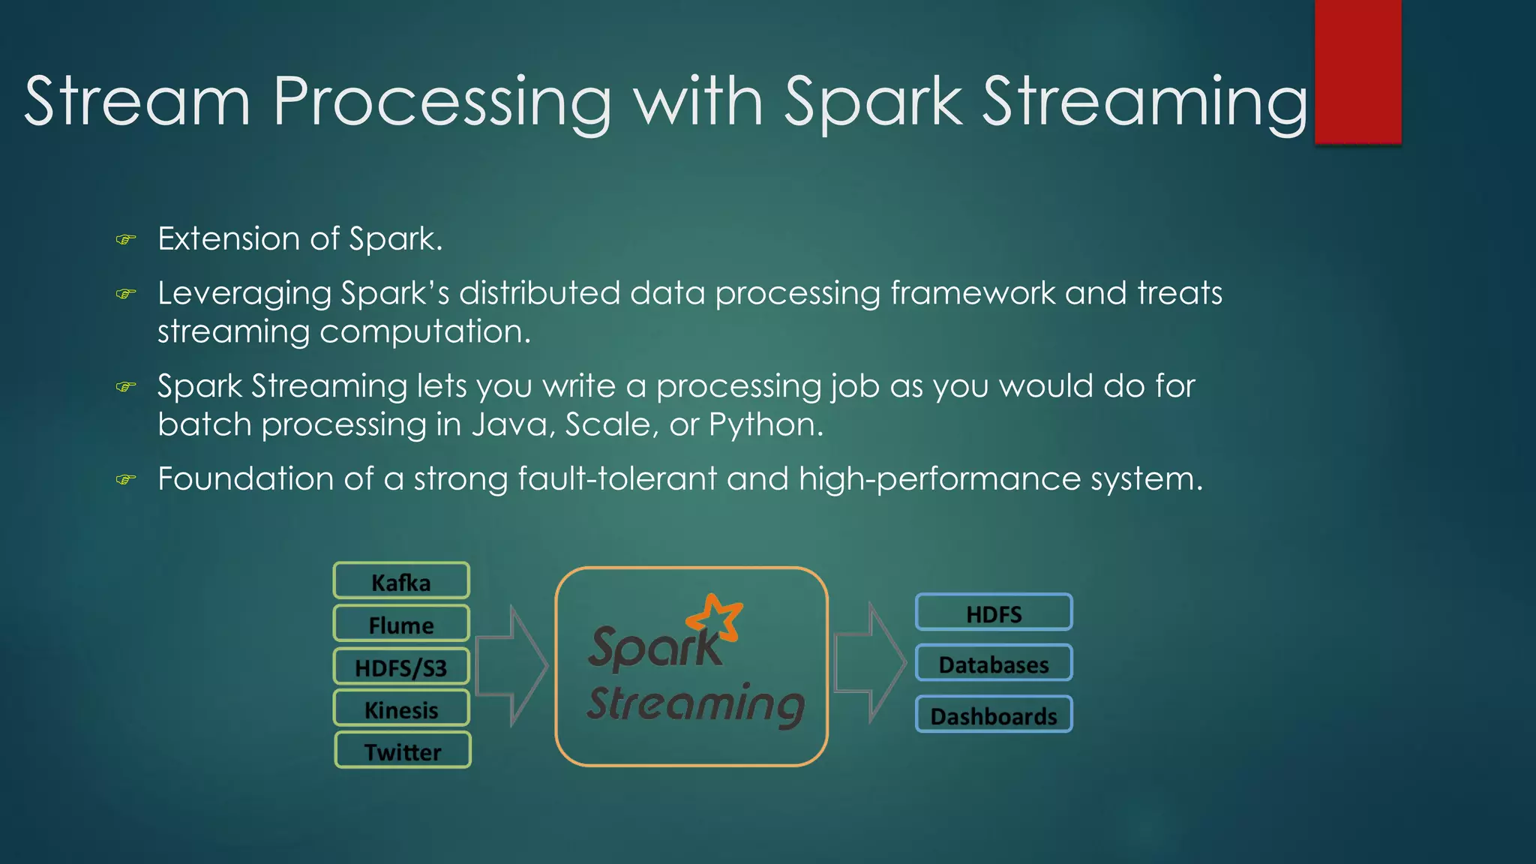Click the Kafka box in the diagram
tap(401, 581)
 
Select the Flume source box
tap(401, 624)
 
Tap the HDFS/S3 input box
tap(401, 667)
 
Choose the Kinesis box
tap(401, 709)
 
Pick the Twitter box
tap(403, 751)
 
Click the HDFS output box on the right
tap(994, 613)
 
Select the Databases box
tap(994, 664)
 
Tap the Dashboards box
tap(994, 715)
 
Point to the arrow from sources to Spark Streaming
tap(512, 666)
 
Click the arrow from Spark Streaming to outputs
tap(870, 664)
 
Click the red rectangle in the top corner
tap(1357, 71)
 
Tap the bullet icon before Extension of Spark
tap(126, 240)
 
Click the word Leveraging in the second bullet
tap(244, 293)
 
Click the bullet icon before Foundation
tap(126, 479)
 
